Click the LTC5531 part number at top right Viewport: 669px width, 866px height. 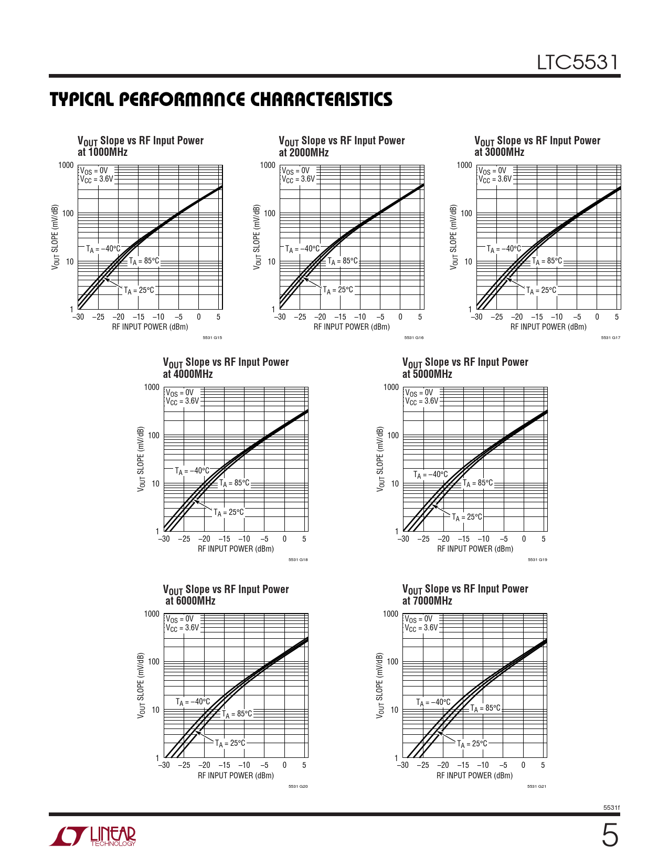pos(577,63)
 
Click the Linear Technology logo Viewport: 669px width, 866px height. pos(93,836)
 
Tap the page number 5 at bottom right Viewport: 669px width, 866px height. pos(609,836)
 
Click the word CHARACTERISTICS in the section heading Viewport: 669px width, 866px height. pos(321,100)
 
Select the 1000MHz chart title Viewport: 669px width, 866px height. pos(140,146)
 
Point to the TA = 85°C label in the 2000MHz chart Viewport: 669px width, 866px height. pos(343,261)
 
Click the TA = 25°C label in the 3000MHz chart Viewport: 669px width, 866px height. pos(541,290)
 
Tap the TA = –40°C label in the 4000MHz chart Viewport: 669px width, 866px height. pos(192,471)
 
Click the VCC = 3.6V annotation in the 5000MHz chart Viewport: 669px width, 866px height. pos(421,401)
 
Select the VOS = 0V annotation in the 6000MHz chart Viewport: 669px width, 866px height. pos(180,619)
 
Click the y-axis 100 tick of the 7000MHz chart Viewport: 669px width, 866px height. pos(392,662)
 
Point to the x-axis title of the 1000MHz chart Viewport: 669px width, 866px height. pos(150,327)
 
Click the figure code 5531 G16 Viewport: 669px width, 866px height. pos(414,337)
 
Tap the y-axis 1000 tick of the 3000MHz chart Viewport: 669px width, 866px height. pos(464,165)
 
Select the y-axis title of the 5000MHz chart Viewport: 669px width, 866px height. pos(380,459)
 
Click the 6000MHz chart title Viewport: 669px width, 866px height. pos(226,595)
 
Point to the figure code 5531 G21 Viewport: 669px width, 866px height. pos(537,786)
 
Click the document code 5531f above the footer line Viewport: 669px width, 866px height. pos(611,808)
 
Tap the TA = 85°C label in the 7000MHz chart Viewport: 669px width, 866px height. pos(485,708)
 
